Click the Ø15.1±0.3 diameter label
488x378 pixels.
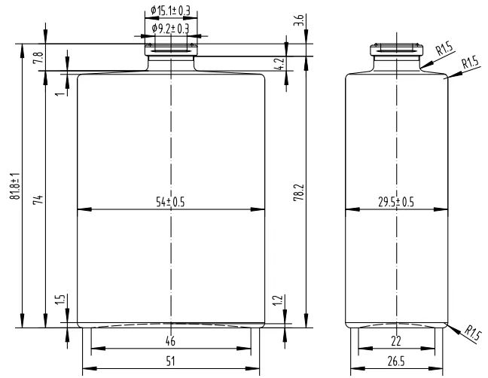pyautogui.click(x=170, y=11)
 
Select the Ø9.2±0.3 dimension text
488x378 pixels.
pyautogui.click(x=170, y=29)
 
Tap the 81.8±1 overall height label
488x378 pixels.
pyautogui.click(x=15, y=186)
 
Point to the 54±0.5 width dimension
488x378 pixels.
pyautogui.click(x=170, y=203)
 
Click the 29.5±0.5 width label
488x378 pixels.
pyautogui.click(x=396, y=203)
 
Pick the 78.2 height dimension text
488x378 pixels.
pyautogui.click(x=299, y=192)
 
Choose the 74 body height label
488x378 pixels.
pyautogui.click(x=38, y=200)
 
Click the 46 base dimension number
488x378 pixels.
pyautogui.click(x=170, y=341)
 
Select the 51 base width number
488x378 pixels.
pyautogui.click(x=170, y=361)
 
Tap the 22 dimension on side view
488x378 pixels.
pyautogui.click(x=396, y=341)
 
